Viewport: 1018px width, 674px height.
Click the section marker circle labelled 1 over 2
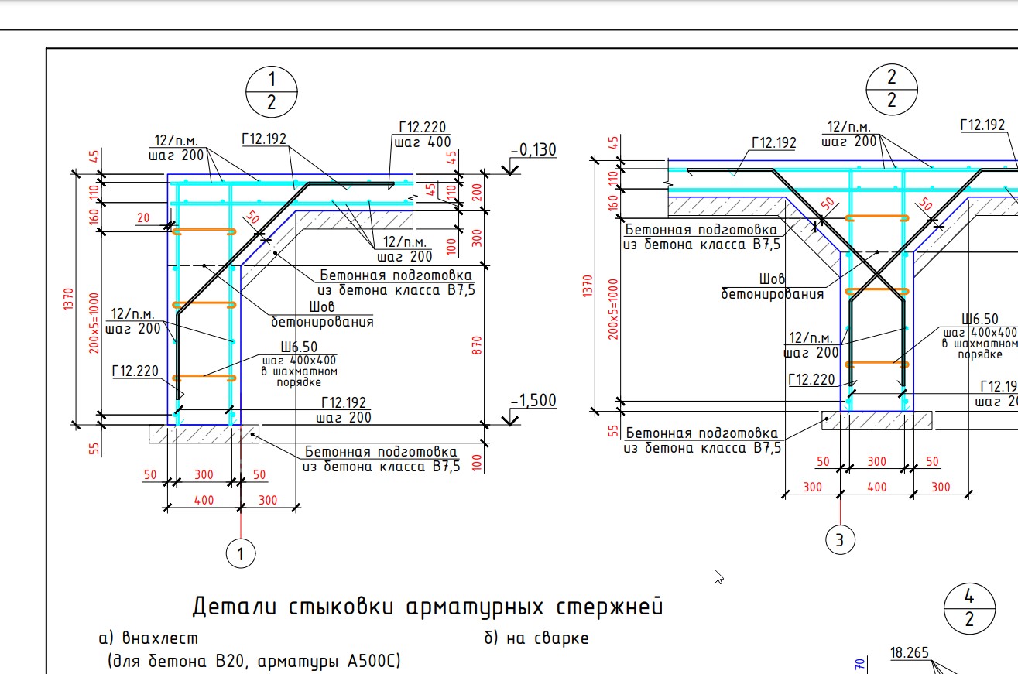pyautogui.click(x=271, y=91)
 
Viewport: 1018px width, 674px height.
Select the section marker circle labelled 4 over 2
pyautogui.click(x=969, y=608)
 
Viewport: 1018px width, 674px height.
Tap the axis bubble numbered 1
pyautogui.click(x=241, y=554)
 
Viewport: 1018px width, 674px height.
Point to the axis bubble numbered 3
pyautogui.click(x=840, y=539)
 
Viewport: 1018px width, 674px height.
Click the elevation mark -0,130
pyautogui.click(x=533, y=150)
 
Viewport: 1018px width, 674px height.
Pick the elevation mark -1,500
pyautogui.click(x=533, y=401)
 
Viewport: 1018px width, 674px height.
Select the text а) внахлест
pyautogui.click(x=149, y=638)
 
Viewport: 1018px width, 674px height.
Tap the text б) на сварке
pyautogui.click(x=536, y=638)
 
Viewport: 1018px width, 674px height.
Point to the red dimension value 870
pyautogui.click(x=477, y=344)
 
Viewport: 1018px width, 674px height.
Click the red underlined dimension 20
pyautogui.click(x=142, y=219)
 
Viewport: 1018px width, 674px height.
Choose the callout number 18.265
pyautogui.click(x=910, y=653)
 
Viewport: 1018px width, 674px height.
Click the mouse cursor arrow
pyautogui.click(x=718, y=576)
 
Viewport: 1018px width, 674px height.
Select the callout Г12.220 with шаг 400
pyautogui.click(x=422, y=135)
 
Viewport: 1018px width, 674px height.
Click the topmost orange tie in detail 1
pyautogui.click(x=204, y=231)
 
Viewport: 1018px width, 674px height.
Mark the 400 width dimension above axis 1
pyautogui.click(x=203, y=500)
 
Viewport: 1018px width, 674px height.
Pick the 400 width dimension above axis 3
pyautogui.click(x=876, y=488)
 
